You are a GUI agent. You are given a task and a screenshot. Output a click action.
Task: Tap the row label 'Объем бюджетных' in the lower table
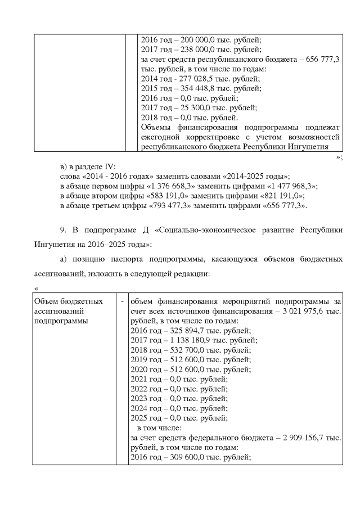point(69,301)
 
